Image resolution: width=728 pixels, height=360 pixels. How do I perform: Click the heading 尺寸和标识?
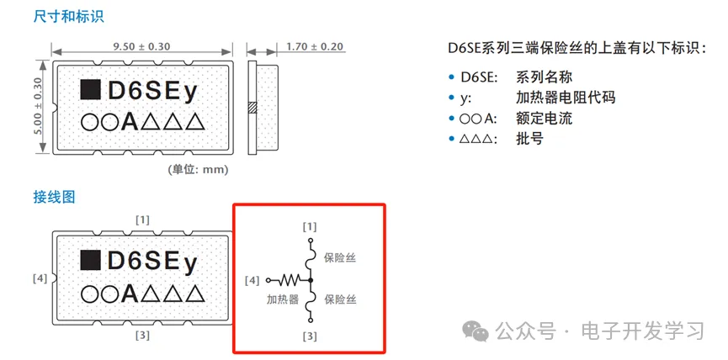(x=63, y=16)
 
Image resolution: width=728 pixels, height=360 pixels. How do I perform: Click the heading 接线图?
(x=54, y=197)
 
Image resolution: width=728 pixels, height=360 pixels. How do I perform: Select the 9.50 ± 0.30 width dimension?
(x=142, y=45)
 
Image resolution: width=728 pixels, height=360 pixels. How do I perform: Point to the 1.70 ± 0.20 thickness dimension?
(x=315, y=46)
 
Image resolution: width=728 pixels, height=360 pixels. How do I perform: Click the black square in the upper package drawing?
(x=89, y=88)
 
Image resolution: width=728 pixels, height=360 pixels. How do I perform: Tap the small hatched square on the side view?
(x=252, y=108)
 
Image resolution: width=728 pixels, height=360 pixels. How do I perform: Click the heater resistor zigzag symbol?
(x=291, y=279)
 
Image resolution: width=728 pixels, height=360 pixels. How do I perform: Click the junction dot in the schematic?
(x=311, y=279)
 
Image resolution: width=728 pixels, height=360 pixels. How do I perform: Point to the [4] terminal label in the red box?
(x=252, y=279)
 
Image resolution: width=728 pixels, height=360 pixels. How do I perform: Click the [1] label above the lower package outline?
(x=142, y=220)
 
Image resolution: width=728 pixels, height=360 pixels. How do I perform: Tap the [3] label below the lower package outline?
(x=142, y=335)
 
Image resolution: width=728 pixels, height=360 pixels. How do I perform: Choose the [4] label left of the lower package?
(x=40, y=277)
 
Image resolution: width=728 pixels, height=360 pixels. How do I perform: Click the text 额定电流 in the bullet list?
(x=544, y=118)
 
